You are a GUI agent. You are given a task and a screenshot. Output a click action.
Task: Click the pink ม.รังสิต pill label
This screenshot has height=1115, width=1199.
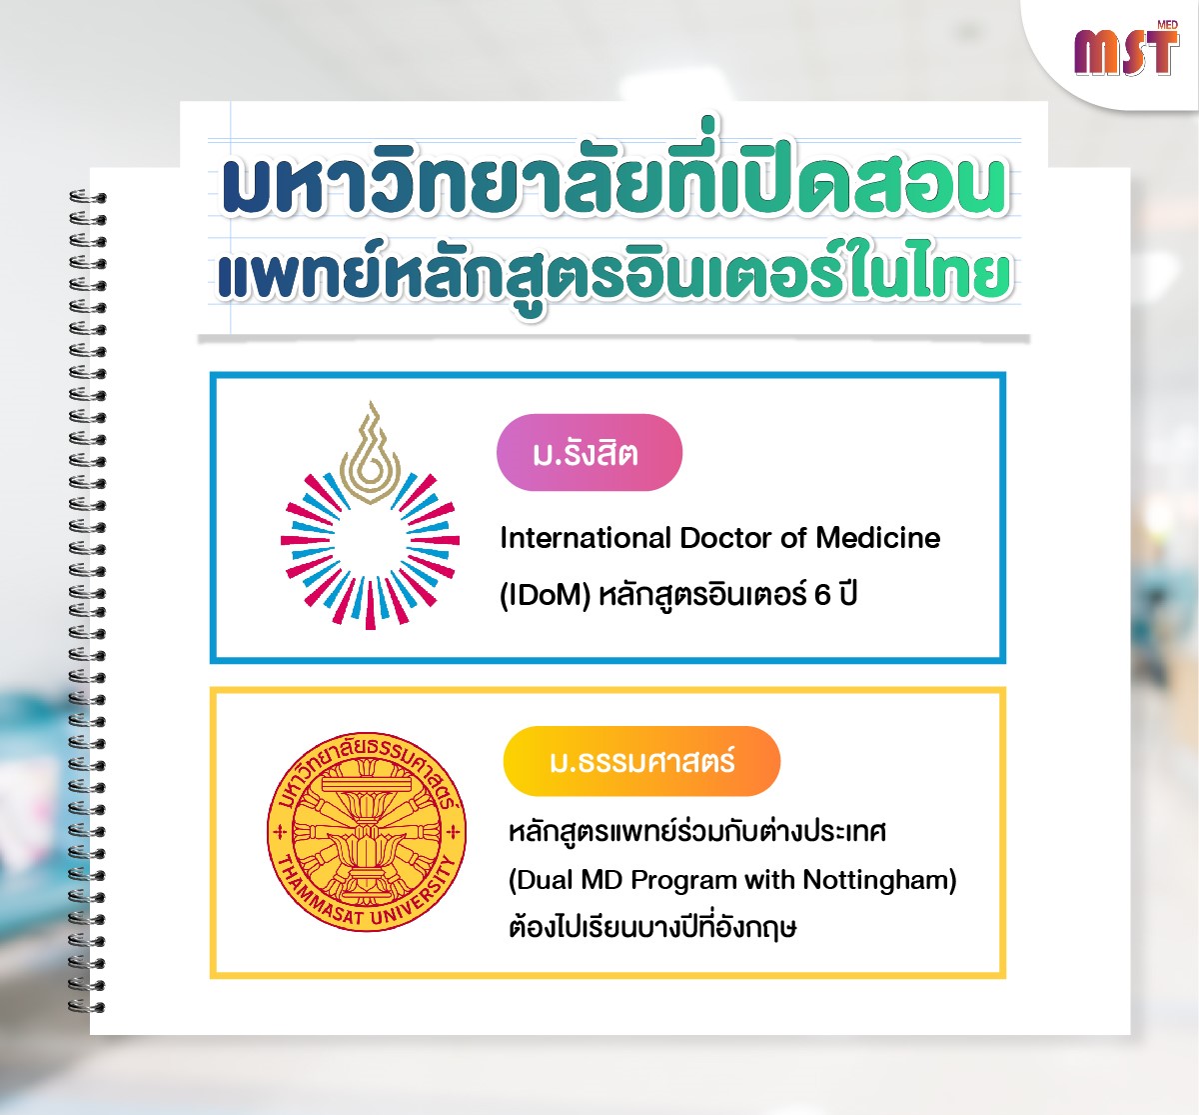click(590, 452)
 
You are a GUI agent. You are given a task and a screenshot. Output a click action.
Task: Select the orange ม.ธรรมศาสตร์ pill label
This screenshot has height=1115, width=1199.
click(641, 761)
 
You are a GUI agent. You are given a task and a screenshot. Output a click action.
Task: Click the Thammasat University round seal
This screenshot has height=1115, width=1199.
click(367, 832)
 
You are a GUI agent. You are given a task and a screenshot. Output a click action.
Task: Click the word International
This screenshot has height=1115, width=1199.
click(586, 538)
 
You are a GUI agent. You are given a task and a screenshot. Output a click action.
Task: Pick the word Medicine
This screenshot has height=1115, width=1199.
click(878, 538)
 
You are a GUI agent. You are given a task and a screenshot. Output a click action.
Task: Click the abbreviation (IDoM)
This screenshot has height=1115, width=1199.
click(545, 596)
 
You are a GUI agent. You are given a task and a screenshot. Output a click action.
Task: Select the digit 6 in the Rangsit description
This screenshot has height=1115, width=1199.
click(821, 595)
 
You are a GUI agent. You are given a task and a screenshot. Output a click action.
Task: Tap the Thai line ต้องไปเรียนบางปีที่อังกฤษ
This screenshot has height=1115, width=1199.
click(652, 927)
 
